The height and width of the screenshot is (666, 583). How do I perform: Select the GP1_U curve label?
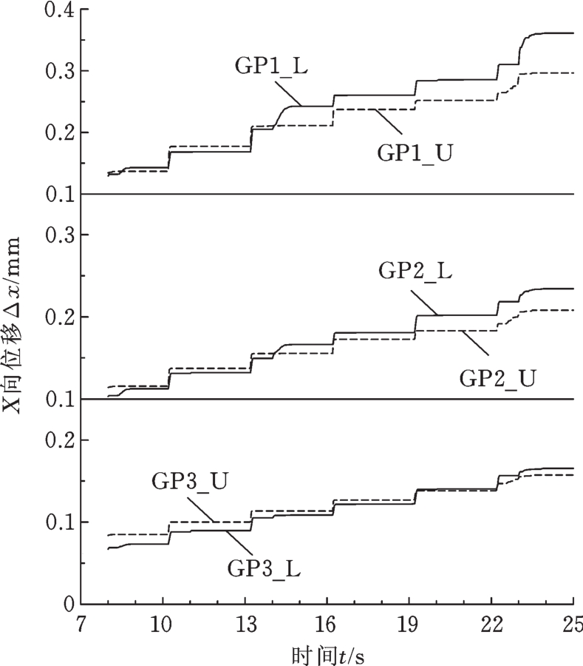(x=415, y=153)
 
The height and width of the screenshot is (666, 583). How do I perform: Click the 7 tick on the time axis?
(x=81, y=623)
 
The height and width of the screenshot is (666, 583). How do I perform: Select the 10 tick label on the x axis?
(x=163, y=623)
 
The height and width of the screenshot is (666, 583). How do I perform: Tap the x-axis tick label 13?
(x=245, y=623)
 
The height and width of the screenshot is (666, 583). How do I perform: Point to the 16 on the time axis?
(x=327, y=623)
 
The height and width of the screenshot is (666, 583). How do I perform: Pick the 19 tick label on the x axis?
(x=409, y=623)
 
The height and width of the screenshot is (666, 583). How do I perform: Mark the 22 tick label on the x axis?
(x=491, y=623)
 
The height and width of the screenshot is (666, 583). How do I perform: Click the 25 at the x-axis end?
(x=570, y=623)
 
